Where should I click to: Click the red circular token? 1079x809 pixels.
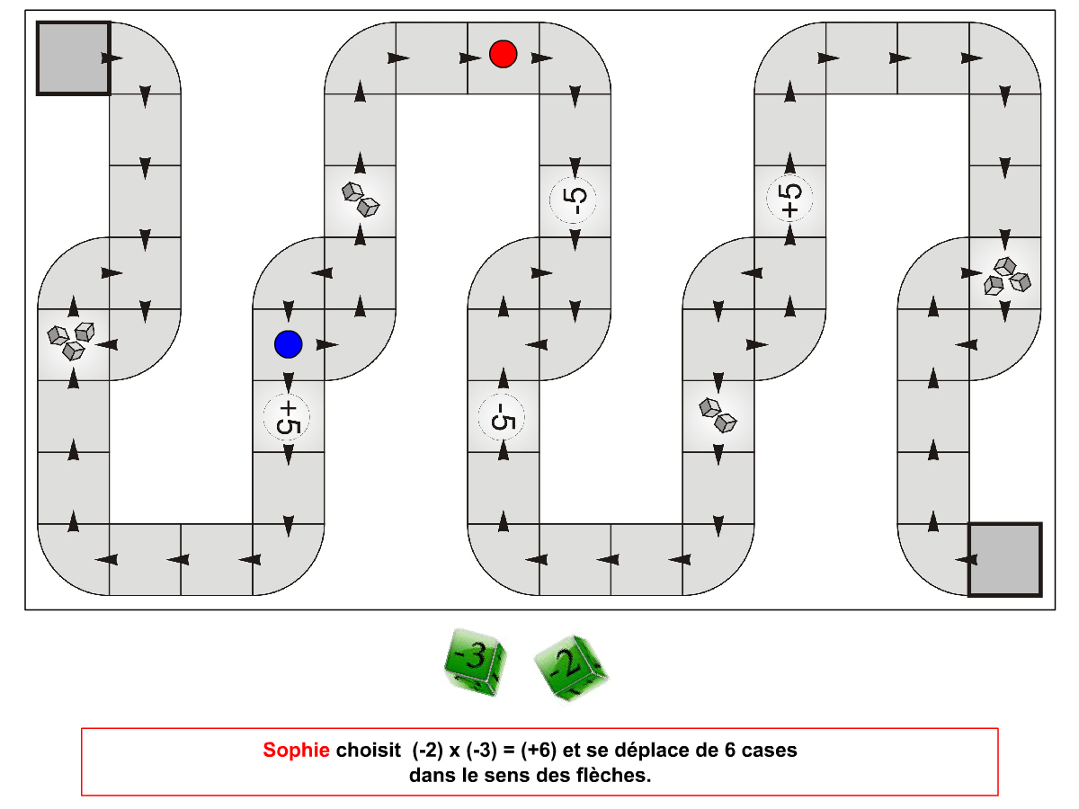click(503, 54)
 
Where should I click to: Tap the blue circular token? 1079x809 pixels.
click(288, 344)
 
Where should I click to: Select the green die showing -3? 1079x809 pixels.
click(475, 662)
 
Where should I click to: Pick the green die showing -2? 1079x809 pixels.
click(571, 668)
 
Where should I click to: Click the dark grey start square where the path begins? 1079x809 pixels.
click(74, 58)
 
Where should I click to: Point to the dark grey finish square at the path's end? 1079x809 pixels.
click(1005, 559)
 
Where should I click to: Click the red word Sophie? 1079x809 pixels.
click(296, 750)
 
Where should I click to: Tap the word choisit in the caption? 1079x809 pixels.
click(368, 750)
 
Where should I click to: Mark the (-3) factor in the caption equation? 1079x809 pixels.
click(482, 750)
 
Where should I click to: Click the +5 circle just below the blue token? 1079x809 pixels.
click(287, 417)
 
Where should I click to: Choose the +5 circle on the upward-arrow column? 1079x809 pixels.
click(789, 198)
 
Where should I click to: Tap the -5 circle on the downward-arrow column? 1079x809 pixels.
click(573, 200)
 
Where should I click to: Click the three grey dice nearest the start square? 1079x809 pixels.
click(71, 341)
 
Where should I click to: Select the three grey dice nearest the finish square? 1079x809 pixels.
click(1007, 276)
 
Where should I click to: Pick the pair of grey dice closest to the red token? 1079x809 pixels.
click(361, 200)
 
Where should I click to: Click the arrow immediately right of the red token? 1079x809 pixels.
click(541, 58)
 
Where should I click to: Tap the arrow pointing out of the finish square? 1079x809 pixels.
click(966, 559)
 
